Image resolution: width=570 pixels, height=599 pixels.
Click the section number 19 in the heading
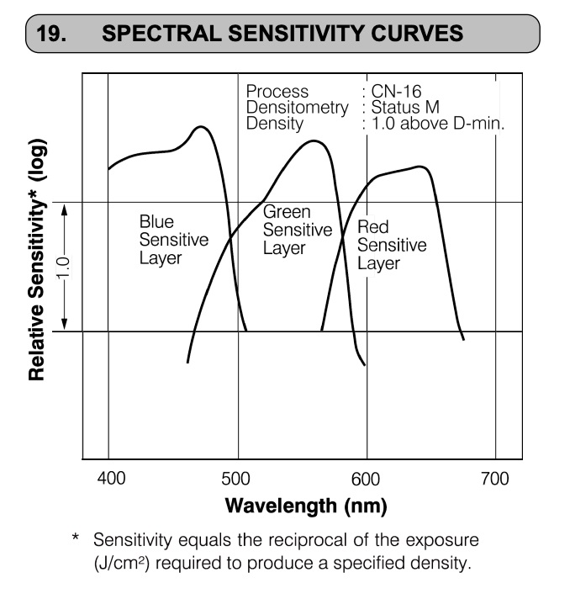[56, 33]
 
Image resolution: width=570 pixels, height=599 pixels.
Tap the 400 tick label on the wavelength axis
[112, 479]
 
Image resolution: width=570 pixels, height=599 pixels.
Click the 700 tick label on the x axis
[494, 479]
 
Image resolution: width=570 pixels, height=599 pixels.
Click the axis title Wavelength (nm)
[305, 506]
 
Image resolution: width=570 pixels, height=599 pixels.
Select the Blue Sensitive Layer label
[172, 239]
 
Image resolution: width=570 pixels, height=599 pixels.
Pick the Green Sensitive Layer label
[297, 230]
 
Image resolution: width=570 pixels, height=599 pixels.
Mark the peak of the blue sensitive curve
[201, 127]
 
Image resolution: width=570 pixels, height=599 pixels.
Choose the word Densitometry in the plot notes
[297, 108]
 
